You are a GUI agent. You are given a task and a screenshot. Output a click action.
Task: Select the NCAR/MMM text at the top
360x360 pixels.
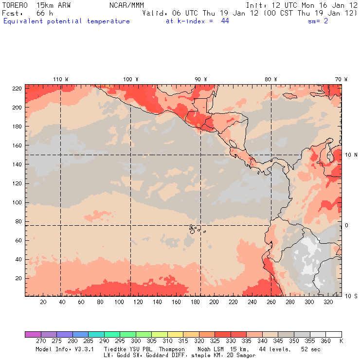[126, 5]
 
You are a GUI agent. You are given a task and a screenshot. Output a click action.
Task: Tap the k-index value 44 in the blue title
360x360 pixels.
[225, 21]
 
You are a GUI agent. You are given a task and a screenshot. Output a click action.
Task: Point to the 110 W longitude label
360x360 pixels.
[60, 79]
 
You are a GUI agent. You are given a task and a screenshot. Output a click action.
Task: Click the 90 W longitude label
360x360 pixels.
[201, 79]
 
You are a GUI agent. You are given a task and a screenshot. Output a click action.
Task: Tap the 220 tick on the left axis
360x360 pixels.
[17, 88]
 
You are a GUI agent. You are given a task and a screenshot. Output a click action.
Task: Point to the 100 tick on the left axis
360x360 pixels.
[17, 202]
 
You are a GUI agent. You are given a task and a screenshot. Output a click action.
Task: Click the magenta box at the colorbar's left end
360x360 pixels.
[33, 334]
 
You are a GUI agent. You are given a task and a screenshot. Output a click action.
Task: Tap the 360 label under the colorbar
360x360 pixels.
[325, 342]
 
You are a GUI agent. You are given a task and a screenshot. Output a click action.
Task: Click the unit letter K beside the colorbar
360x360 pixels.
[341, 342]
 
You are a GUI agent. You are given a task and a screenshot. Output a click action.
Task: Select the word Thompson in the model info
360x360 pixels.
[171, 349]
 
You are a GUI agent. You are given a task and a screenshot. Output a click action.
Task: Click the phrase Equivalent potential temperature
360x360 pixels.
[67, 21]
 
